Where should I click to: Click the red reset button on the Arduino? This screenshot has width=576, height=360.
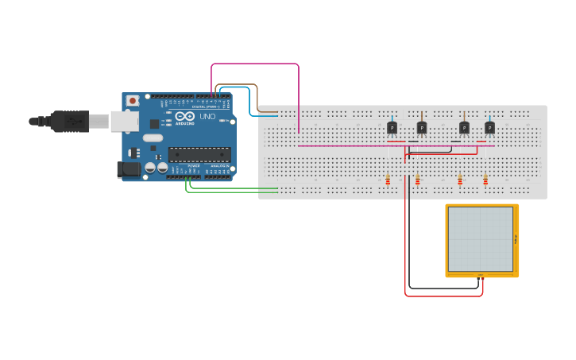tap(132, 101)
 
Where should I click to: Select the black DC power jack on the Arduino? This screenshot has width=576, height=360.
tap(129, 168)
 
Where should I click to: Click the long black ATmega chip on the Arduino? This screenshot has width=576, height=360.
tap(199, 154)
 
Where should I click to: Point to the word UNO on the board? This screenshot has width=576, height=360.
tap(207, 117)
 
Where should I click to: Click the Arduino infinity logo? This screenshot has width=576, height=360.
tap(183, 116)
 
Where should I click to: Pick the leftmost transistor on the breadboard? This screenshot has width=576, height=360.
tap(392, 127)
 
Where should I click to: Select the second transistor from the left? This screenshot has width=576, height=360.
tap(422, 127)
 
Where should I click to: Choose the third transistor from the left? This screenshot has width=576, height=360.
tap(464, 127)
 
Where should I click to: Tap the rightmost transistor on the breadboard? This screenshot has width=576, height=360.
tap(489, 127)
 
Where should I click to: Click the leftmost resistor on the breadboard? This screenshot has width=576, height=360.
tap(388, 180)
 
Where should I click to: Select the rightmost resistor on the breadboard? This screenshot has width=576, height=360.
tap(485, 180)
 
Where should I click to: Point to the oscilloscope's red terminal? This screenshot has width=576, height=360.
tap(481, 276)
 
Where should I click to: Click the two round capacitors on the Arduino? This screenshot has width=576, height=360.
tap(155, 168)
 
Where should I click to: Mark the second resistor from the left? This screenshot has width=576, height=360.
tap(417, 180)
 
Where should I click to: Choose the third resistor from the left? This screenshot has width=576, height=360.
tap(460, 180)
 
